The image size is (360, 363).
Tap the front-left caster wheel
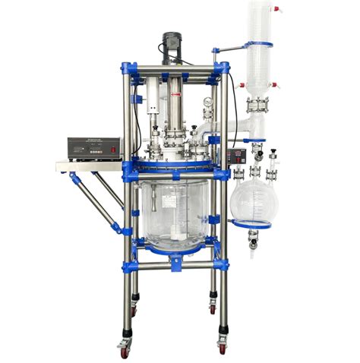(124, 350)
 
